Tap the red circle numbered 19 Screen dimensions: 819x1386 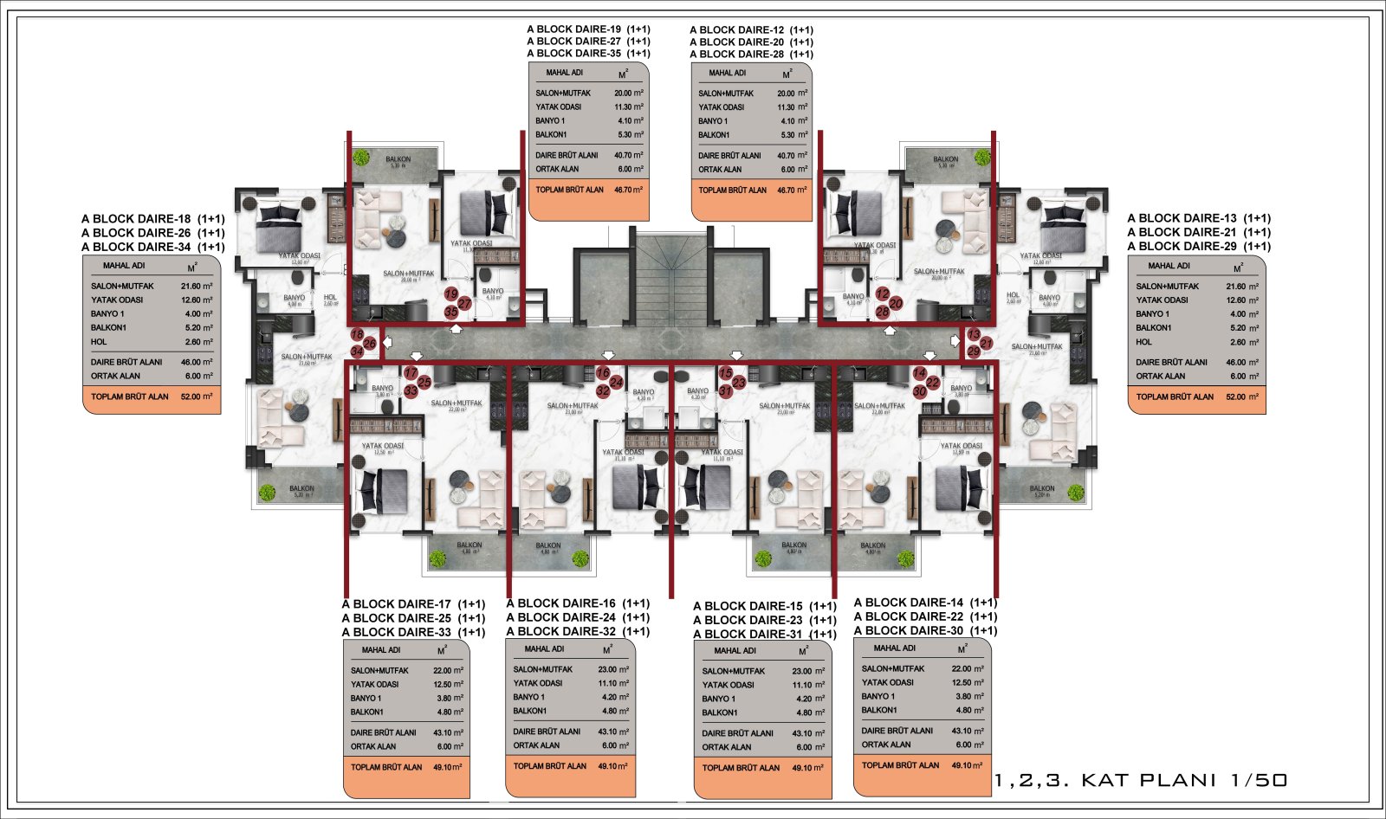click(451, 294)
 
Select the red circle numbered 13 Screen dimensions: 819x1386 click(974, 334)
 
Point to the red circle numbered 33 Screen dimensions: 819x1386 click(411, 391)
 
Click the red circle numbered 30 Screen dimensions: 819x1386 click(920, 391)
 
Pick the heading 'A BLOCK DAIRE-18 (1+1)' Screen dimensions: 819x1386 click(152, 219)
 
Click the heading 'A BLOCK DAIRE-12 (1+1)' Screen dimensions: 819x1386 click(751, 30)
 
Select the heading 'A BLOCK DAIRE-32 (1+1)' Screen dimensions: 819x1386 click(578, 631)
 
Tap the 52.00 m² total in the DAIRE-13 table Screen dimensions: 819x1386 click(1243, 397)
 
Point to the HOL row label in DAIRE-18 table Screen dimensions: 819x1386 click(99, 342)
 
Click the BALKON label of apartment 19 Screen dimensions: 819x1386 click(398, 159)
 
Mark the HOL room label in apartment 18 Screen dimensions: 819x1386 click(329, 298)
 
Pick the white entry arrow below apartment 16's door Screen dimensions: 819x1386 click(606, 354)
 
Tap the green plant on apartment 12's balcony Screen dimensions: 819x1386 click(981, 158)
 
